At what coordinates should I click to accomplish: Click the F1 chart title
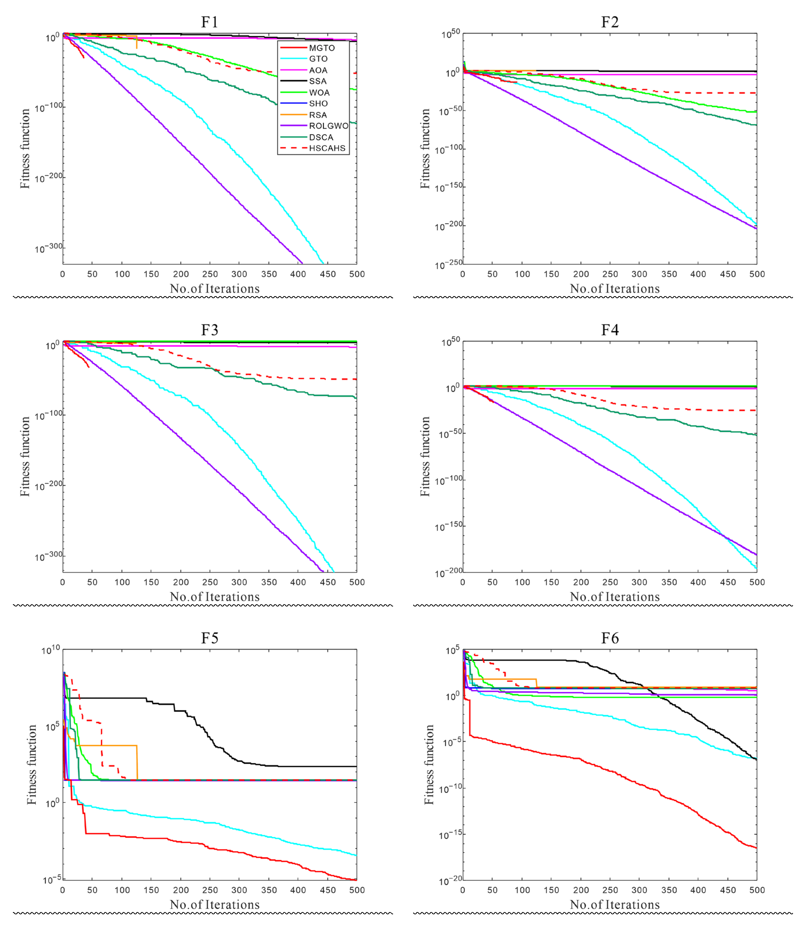click(209, 22)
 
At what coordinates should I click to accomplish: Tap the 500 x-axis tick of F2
click(757, 274)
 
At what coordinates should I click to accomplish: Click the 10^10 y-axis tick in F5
click(50, 650)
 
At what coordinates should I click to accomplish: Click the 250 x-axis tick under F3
click(210, 582)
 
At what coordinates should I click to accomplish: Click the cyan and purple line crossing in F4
click(725, 536)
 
